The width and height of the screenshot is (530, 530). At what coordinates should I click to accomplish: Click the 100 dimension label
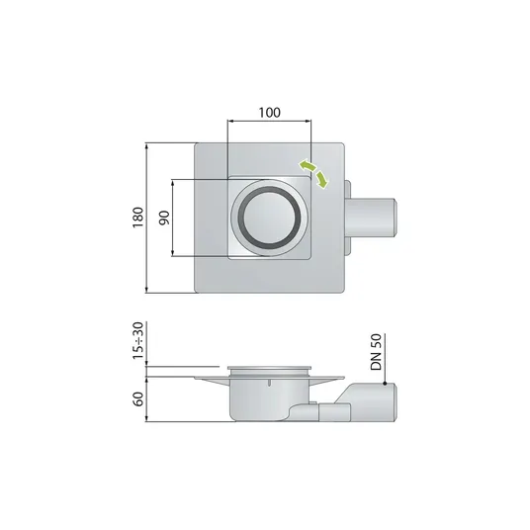coord(269,113)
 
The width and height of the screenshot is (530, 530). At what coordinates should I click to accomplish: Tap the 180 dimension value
coord(137,218)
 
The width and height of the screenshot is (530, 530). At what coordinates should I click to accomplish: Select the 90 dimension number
coord(164,218)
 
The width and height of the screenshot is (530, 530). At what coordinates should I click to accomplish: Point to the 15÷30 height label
coord(138,341)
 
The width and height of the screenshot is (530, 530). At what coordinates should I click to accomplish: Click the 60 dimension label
coord(138,399)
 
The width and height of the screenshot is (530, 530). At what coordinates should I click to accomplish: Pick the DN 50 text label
coord(376,352)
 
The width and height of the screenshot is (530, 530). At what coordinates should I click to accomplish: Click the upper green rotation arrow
coord(307,165)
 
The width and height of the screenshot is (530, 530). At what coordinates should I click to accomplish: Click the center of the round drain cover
coord(269,218)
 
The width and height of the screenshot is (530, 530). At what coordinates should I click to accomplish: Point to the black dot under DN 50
coord(385,384)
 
